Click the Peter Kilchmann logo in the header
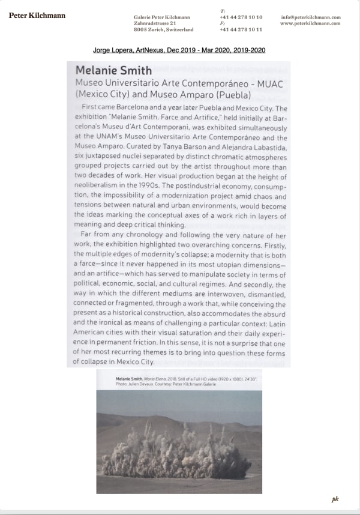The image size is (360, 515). click(37, 15)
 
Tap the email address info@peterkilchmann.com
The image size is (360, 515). click(310, 17)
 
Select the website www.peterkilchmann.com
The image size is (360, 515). click(310, 23)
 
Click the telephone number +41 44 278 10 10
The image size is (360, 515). click(241, 17)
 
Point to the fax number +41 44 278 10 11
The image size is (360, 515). click(241, 29)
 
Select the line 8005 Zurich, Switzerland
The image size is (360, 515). click(164, 29)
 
